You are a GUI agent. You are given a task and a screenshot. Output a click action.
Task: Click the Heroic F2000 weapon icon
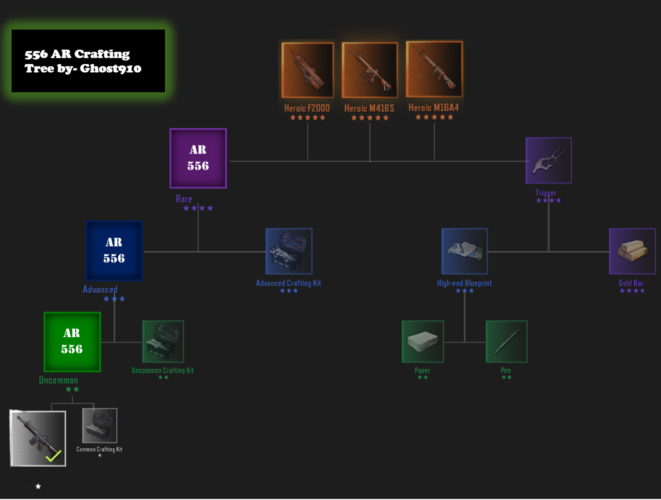pos(307,70)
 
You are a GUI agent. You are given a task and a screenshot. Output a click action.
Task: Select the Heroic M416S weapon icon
pos(370,70)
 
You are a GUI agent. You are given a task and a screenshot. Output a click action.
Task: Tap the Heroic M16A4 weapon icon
pos(434,69)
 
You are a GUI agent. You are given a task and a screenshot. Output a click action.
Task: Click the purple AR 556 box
pos(198,158)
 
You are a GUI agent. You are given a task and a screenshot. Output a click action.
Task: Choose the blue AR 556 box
pos(114,251)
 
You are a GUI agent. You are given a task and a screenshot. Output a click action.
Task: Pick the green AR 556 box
pos(72,341)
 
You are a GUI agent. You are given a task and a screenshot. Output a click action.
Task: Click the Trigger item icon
pos(548,160)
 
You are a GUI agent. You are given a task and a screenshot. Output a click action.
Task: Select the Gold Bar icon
pos(632,251)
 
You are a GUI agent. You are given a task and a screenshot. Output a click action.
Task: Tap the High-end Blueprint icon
pos(465,251)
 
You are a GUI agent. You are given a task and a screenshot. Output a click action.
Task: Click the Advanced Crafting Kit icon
pos(289,251)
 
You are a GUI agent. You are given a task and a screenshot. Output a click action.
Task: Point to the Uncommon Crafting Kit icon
pos(163,341)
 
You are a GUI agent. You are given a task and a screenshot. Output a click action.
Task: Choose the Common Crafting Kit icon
pos(100,426)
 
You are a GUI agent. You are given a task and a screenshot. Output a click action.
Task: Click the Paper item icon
pos(422,341)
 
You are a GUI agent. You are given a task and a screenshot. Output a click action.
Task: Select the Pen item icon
pos(506,341)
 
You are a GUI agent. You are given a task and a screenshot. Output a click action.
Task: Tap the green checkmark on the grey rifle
pos(53,456)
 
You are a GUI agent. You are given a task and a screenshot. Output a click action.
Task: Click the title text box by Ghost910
pos(88,61)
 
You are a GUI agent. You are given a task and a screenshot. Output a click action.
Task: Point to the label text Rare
pos(184,199)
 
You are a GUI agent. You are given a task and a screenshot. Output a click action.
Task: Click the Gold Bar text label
pos(631,283)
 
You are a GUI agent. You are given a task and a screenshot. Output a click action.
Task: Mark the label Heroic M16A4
pos(433,107)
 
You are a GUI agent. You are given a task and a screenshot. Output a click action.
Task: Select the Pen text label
pos(506,370)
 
